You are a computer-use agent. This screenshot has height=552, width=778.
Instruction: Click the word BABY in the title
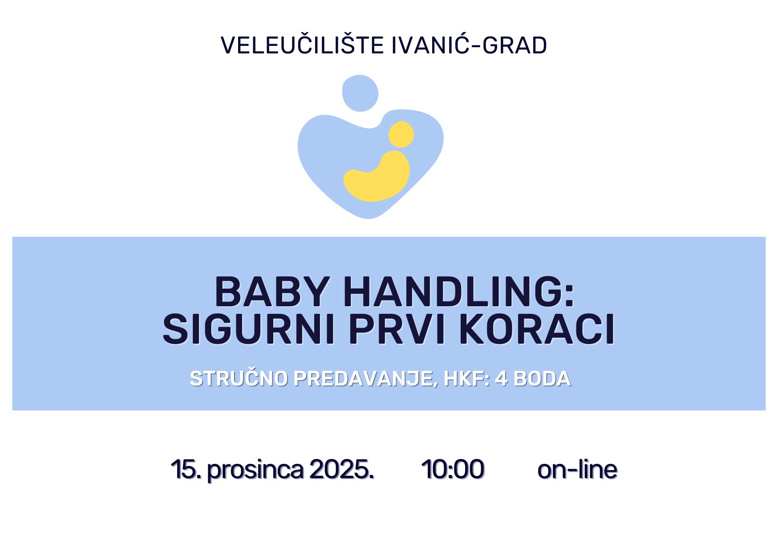[x=272, y=292]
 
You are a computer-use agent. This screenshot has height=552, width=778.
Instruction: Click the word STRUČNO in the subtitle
[x=239, y=378]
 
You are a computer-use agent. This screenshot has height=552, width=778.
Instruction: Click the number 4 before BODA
[x=501, y=379]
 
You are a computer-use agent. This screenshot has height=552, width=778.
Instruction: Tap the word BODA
[x=542, y=379]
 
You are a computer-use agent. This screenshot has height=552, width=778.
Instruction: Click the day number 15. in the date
[x=186, y=469]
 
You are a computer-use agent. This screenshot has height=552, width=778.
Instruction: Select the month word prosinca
[x=255, y=471]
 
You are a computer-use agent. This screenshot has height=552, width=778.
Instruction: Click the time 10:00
[x=453, y=469]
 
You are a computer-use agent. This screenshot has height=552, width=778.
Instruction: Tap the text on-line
[x=577, y=469]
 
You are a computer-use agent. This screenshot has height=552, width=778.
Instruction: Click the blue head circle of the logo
[x=360, y=93]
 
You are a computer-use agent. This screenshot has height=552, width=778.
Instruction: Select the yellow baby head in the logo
[x=401, y=134]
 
